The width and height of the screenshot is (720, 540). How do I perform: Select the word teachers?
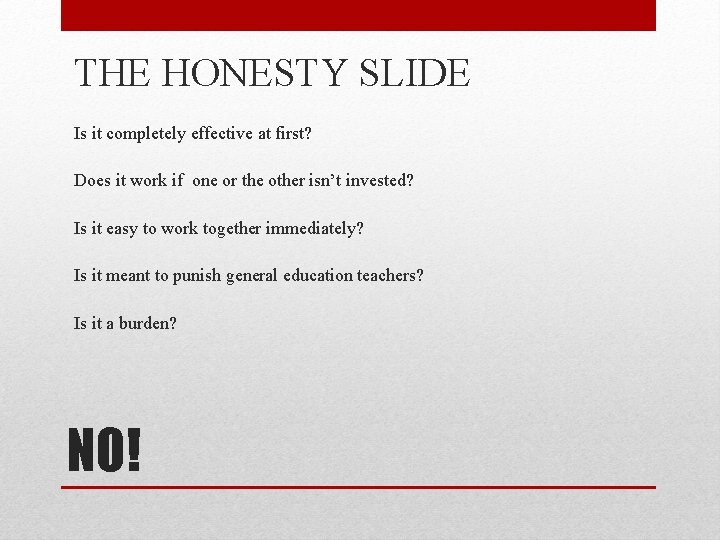391,275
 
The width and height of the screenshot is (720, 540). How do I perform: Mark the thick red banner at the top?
358,15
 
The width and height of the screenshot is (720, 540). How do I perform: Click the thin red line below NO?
358,487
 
